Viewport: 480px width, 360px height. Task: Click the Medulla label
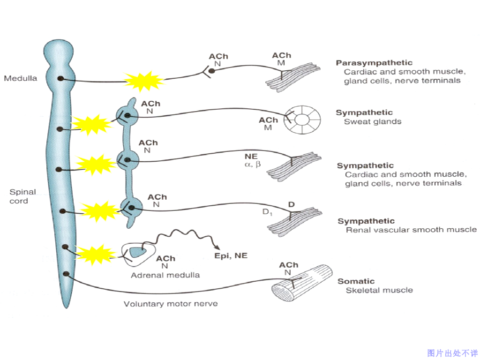click(20, 78)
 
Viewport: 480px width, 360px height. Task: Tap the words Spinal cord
click(22, 196)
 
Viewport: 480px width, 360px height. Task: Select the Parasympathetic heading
click(374, 63)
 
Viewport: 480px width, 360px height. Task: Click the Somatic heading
click(356, 281)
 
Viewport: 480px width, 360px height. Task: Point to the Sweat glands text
click(373, 122)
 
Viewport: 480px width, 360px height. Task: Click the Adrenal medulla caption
click(165, 275)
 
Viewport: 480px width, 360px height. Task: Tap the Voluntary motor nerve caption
click(171, 304)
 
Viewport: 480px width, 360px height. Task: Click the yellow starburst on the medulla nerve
click(143, 81)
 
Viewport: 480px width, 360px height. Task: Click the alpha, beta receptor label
click(252, 165)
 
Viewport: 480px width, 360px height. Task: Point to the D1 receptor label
click(267, 212)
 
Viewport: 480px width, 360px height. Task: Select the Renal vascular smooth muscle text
click(411, 230)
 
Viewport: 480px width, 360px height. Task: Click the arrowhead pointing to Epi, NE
click(217, 248)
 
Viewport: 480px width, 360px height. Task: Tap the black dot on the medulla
click(60, 78)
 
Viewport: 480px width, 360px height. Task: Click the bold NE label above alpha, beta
click(251, 157)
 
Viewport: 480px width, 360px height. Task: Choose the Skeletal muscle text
click(379, 290)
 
